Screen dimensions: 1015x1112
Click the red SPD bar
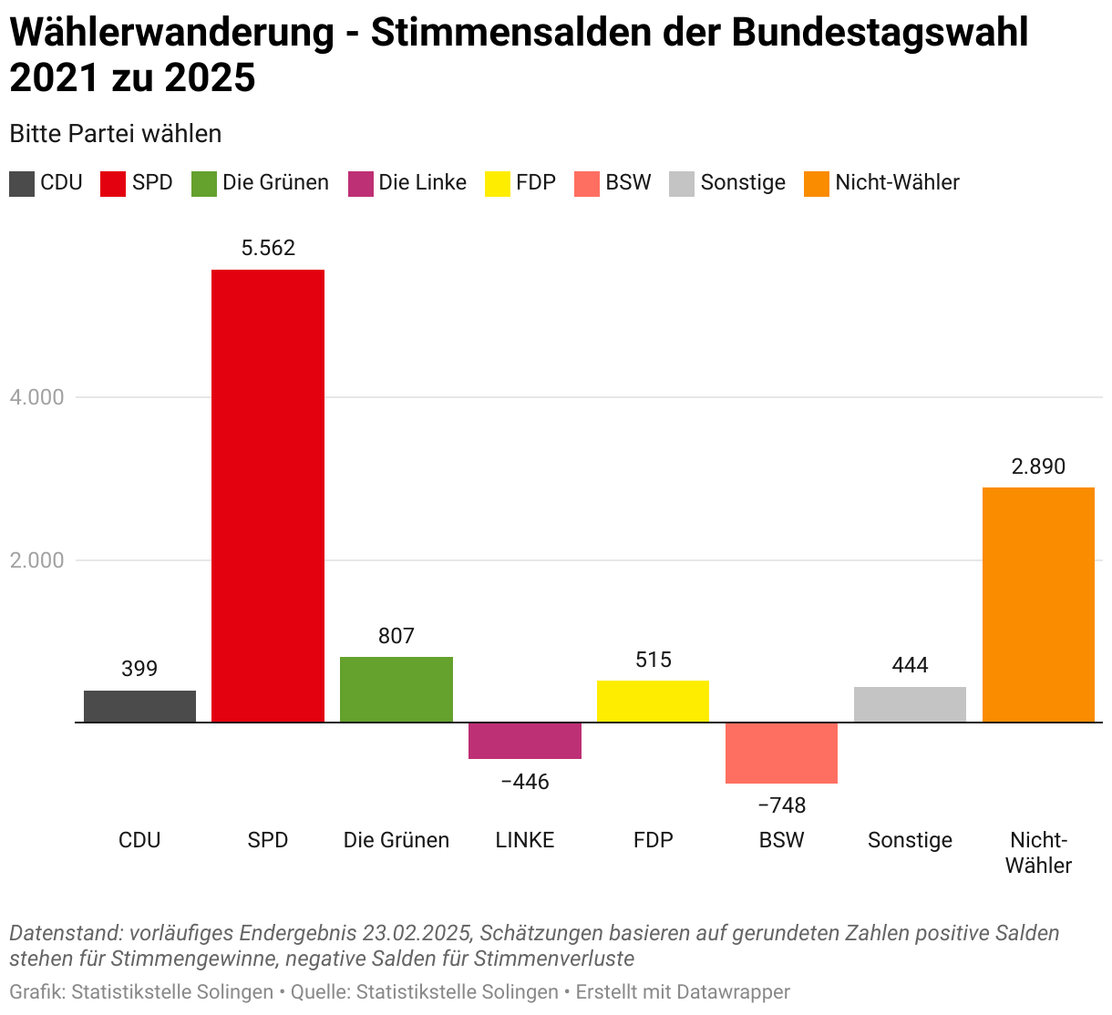tap(268, 496)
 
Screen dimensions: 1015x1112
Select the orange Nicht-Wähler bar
tap(1038, 605)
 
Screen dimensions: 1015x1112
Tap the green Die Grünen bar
tap(396, 690)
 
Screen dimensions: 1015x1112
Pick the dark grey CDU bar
tap(139, 706)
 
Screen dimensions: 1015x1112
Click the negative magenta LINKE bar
tap(525, 741)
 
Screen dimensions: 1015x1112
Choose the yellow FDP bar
tap(653, 702)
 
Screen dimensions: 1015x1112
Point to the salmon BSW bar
tap(781, 753)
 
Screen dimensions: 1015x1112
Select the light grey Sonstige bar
tap(910, 704)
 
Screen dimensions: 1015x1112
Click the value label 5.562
tap(268, 248)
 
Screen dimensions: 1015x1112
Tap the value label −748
tap(782, 805)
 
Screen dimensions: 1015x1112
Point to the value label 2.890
tap(1038, 466)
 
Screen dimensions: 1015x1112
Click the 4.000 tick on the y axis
tap(37, 397)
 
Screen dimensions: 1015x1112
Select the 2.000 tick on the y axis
tap(37, 560)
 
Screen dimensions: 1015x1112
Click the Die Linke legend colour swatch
tap(361, 184)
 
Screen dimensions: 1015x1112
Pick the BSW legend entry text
tap(628, 182)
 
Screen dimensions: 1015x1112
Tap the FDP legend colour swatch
tap(498, 184)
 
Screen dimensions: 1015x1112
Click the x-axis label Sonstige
tap(910, 840)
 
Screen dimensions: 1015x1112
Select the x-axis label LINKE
tap(525, 840)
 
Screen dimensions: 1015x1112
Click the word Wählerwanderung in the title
tap(172, 33)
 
